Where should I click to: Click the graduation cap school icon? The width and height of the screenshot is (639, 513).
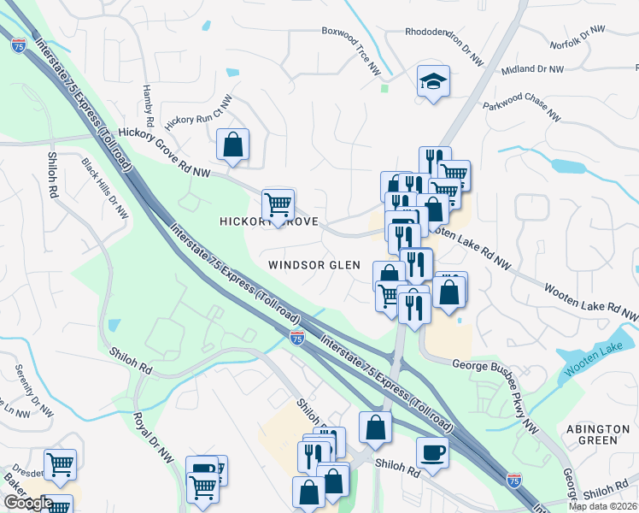433,82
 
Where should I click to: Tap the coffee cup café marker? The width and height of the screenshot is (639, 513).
432,453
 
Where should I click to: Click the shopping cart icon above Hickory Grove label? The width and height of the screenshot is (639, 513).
278,205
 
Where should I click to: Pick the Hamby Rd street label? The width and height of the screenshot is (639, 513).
147,89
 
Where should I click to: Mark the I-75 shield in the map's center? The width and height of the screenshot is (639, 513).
296,338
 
